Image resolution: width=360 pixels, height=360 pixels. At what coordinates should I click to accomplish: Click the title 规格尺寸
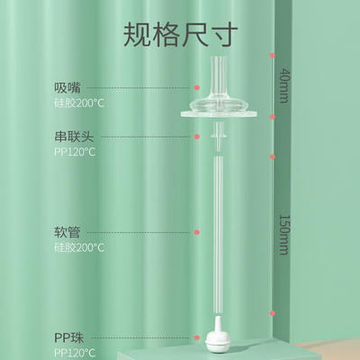(x=180, y=34)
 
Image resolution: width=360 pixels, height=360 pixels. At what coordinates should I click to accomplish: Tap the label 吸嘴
(x=67, y=88)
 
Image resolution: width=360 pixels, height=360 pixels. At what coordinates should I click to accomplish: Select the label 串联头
(x=74, y=137)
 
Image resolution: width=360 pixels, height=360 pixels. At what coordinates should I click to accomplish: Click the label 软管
(x=67, y=232)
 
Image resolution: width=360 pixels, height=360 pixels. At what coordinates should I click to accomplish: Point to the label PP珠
(x=69, y=337)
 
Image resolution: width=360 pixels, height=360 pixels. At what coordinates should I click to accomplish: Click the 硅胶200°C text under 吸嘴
(x=79, y=103)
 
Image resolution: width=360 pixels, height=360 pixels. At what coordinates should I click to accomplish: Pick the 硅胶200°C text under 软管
(x=79, y=247)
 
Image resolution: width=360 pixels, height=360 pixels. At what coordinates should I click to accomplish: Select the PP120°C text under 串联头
(x=75, y=152)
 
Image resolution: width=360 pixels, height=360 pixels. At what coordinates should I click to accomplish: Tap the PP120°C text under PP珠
(x=75, y=353)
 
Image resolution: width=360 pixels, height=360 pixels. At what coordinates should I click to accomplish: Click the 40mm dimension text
(x=284, y=85)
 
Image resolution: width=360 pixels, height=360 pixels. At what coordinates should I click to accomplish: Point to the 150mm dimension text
(x=284, y=235)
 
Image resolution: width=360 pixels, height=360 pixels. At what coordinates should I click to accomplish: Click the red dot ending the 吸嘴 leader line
(x=197, y=87)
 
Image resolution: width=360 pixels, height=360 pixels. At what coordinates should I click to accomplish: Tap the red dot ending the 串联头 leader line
(x=197, y=137)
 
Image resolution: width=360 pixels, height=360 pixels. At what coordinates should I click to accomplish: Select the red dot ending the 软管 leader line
(x=197, y=232)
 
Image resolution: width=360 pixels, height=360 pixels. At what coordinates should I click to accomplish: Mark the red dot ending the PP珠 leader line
(x=197, y=337)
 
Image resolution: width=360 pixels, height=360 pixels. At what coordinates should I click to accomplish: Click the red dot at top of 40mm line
(x=273, y=55)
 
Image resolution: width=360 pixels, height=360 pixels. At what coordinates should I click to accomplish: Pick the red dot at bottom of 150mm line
(x=273, y=313)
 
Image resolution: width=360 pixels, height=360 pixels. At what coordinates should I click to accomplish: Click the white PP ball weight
(x=218, y=337)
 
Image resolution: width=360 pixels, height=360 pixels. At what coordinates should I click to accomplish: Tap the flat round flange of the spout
(x=219, y=113)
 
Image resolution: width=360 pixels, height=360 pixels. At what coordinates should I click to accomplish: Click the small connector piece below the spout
(x=219, y=136)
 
